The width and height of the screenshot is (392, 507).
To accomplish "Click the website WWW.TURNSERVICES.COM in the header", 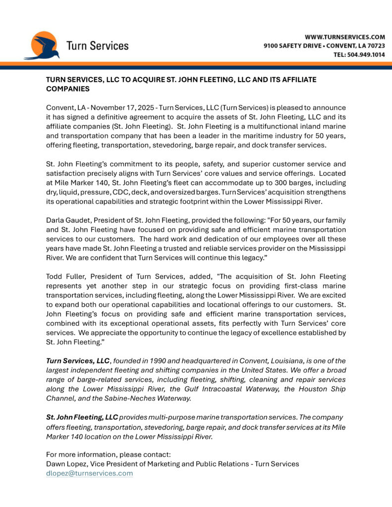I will (345, 37).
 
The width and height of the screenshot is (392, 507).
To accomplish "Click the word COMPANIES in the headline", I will (68, 89).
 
